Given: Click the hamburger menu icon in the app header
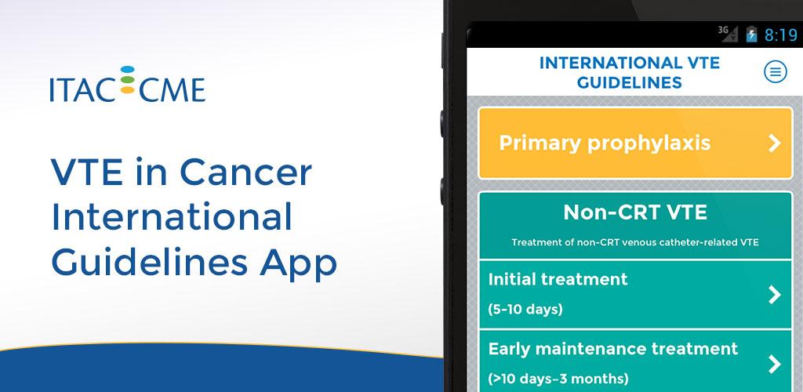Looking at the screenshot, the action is coord(776,72).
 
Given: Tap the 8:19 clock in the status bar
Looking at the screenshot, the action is coord(781,34).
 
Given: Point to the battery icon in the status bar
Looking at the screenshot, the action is coord(751,34).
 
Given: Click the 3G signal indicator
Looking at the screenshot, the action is coord(728,33).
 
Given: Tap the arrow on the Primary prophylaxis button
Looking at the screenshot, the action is coord(775,143).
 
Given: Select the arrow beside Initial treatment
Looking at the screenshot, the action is coord(775,295).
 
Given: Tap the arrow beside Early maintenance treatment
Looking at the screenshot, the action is coord(775,365).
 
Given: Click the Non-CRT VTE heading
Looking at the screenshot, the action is coord(635,212).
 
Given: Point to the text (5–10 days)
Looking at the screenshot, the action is coord(525,309).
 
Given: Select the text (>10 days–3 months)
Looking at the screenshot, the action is coord(558,379).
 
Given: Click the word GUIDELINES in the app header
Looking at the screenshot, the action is coord(630,82).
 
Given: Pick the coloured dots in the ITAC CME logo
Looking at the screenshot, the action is coord(128,80).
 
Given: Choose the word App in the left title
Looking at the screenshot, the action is coord(299,264).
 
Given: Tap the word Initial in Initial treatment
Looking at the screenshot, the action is coord(513,279).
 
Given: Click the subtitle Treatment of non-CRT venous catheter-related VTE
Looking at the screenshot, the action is coord(635,242).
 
